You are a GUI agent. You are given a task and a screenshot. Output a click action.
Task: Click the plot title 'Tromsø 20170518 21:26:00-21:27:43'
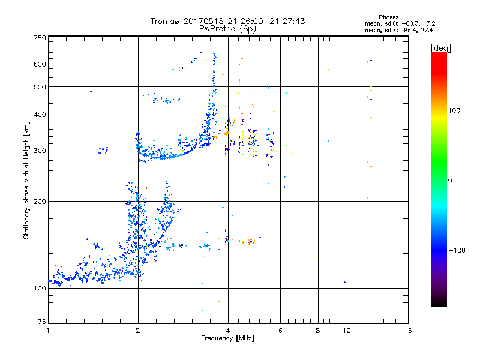[228, 21]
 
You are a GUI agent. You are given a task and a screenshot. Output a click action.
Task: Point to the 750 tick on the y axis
[40, 38]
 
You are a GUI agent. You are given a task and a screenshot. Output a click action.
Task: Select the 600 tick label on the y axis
[40, 64]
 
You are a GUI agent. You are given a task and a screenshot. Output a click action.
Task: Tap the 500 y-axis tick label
[40, 87]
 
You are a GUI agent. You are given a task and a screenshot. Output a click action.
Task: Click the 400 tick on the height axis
[40, 115]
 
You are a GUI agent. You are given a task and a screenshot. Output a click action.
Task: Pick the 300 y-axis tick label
[40, 151]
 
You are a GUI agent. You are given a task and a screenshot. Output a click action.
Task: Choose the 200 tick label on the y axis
[40, 202]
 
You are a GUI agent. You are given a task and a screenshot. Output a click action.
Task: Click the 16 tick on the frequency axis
[407, 331]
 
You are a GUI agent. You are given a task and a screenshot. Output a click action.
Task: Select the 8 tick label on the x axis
[318, 331]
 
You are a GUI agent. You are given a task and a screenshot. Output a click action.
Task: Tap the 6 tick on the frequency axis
[280, 331]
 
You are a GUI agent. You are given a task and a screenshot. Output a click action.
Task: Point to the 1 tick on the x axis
[48, 331]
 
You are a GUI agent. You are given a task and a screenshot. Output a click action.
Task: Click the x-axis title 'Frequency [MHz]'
[228, 339]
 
